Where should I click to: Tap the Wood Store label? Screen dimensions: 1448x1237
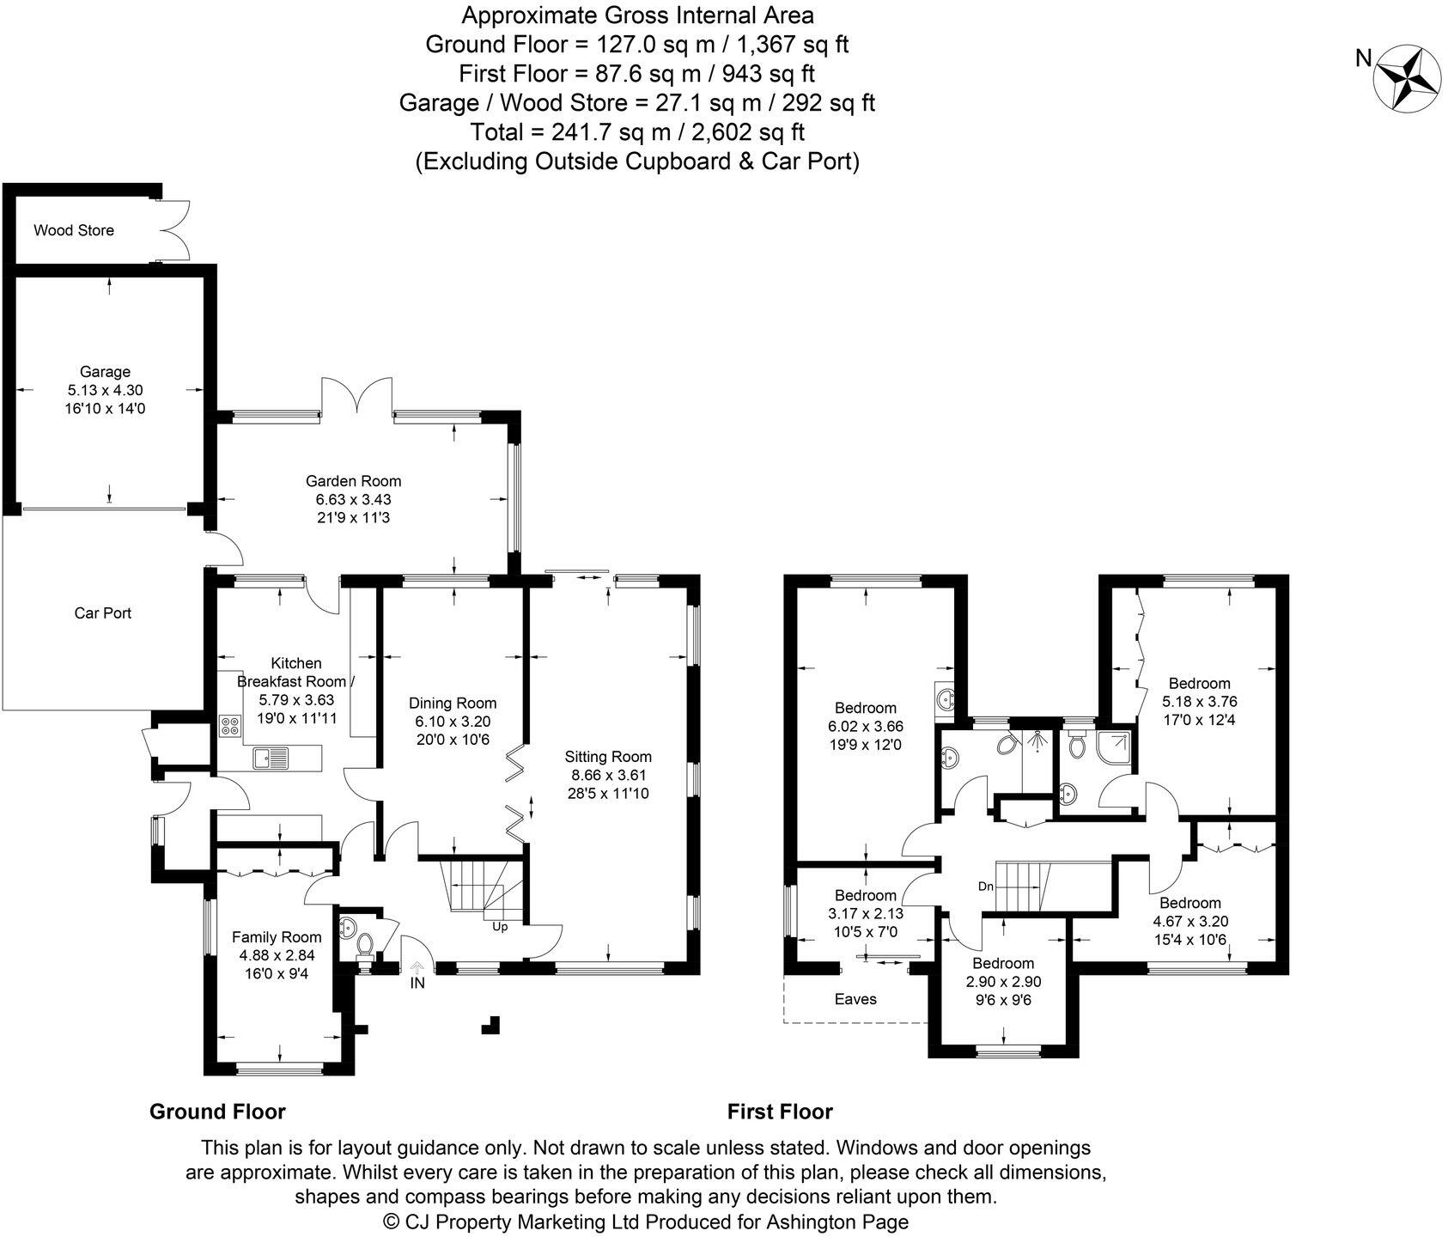click(x=74, y=230)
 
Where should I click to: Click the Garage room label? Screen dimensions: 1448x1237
click(x=105, y=372)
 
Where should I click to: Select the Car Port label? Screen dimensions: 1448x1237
click(x=103, y=613)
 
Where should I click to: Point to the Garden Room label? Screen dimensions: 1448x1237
click(x=353, y=481)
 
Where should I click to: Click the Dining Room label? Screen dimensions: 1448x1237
click(x=453, y=703)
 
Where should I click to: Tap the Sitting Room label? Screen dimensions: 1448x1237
click(x=608, y=757)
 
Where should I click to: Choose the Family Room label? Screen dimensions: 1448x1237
click(x=277, y=937)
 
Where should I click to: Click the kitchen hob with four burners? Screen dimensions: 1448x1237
click(x=230, y=727)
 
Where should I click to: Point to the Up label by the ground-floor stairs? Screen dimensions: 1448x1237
click(x=500, y=927)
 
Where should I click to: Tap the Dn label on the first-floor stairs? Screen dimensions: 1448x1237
click(x=985, y=886)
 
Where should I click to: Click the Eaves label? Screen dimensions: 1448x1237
click(x=855, y=998)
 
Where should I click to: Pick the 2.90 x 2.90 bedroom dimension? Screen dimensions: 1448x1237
click(x=1002, y=981)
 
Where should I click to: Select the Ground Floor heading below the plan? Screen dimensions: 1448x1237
click(x=217, y=1112)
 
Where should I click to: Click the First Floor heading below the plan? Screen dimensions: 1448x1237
click(x=780, y=1112)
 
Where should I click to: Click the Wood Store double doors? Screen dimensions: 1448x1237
click(x=175, y=230)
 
